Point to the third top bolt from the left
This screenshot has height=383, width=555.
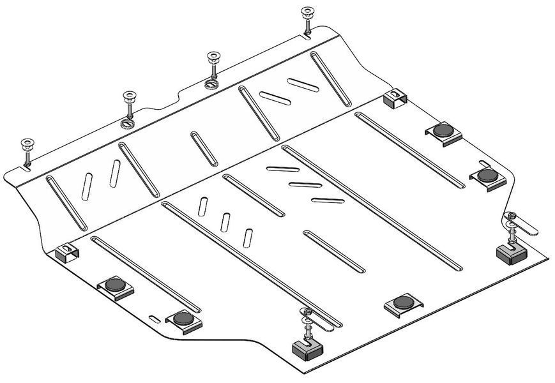211,61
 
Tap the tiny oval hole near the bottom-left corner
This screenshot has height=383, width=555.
154,317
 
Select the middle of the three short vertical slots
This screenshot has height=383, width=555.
225,221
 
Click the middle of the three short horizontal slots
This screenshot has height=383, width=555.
304,186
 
